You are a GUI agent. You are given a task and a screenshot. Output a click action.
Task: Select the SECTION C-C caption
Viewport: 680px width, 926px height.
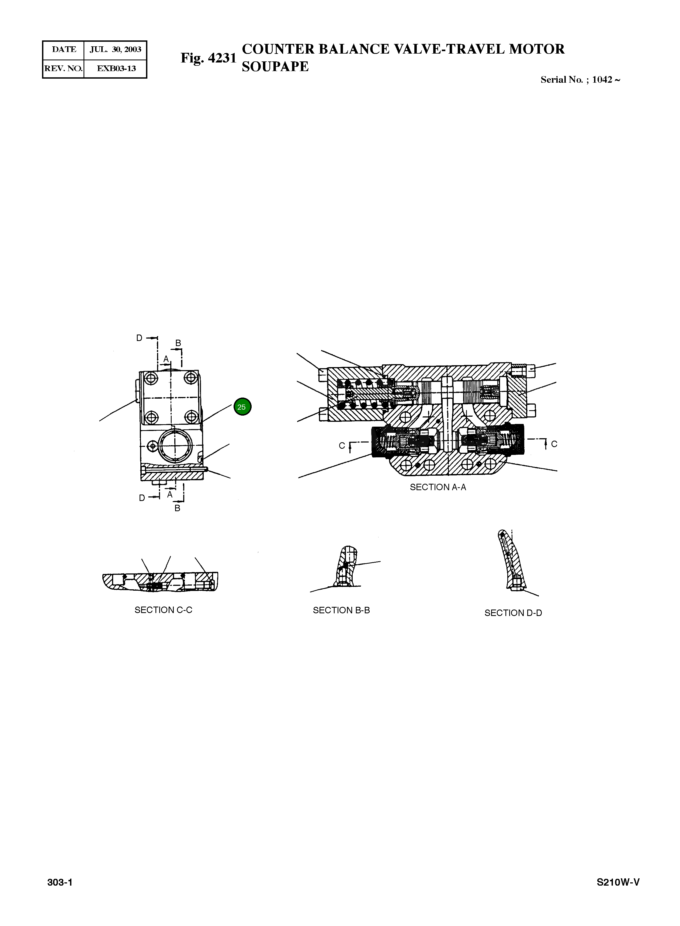tap(164, 610)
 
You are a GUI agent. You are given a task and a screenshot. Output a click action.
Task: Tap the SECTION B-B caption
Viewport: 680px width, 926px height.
tap(341, 610)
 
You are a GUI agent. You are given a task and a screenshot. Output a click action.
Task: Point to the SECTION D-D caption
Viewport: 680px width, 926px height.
tap(513, 613)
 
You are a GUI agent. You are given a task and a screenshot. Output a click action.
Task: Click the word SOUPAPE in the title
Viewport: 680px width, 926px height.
tap(275, 67)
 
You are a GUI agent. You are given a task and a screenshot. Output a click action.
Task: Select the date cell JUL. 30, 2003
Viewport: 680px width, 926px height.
tap(115, 50)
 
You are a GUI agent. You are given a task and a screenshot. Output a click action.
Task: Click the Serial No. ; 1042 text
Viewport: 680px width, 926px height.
tap(580, 80)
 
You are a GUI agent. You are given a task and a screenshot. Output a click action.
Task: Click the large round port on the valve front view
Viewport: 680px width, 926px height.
tap(175, 446)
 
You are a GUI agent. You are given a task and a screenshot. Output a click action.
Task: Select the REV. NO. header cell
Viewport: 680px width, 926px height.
tap(63, 68)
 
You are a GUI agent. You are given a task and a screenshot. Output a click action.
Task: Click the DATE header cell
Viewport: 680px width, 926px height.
tap(64, 50)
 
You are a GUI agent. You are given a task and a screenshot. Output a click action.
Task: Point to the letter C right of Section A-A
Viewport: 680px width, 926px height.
tap(554, 444)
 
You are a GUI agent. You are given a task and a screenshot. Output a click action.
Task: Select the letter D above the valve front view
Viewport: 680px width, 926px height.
tap(139, 338)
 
